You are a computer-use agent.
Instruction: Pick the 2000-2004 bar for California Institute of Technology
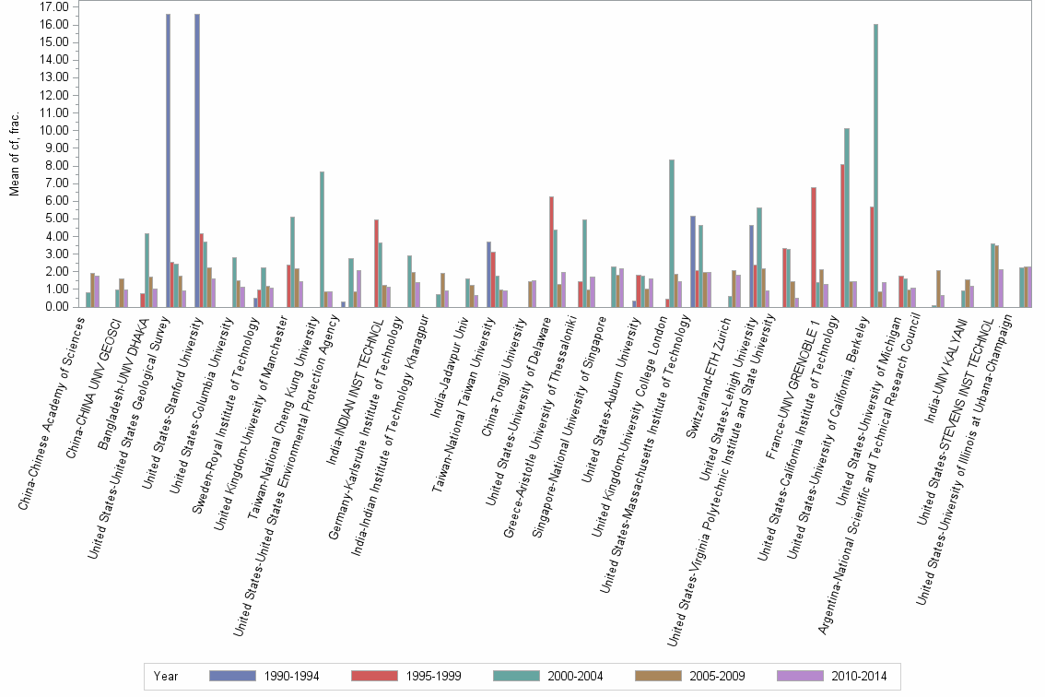point(846,218)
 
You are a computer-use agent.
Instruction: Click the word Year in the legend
point(167,676)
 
